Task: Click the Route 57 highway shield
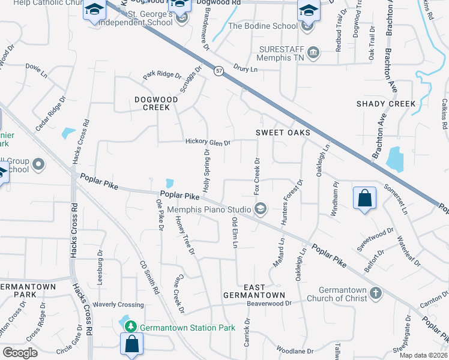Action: [218, 71]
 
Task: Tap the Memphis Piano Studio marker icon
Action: [260, 209]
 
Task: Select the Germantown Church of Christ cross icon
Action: [375, 293]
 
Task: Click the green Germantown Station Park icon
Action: [131, 328]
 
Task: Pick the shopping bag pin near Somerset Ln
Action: [364, 199]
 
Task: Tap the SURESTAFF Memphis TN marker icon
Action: [313, 53]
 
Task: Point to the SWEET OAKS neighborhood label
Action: [283, 132]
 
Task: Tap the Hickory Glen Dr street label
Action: [208, 143]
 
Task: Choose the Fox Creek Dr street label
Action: [256, 175]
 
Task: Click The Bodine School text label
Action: [262, 26]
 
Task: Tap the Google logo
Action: [20, 352]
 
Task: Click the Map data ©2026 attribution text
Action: [423, 355]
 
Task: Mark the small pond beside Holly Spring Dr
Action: [170, 182]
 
